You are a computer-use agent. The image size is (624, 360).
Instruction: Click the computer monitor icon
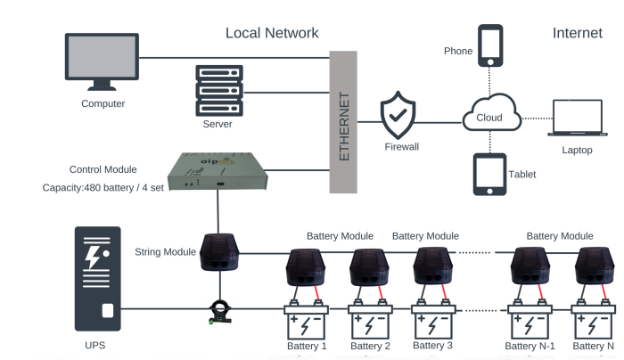pyautogui.click(x=103, y=61)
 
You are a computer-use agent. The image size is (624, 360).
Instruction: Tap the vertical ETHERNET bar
pyautogui.click(x=343, y=122)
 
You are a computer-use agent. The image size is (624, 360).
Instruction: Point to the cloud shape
pyautogui.click(x=490, y=117)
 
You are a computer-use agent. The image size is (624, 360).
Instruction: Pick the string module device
pyautogui.click(x=218, y=253)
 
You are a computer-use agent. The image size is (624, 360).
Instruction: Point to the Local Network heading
pyautogui.click(x=271, y=33)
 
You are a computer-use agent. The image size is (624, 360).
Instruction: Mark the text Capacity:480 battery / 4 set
pyautogui.click(x=103, y=188)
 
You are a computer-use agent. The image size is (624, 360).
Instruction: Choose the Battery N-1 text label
pyautogui.click(x=530, y=346)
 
